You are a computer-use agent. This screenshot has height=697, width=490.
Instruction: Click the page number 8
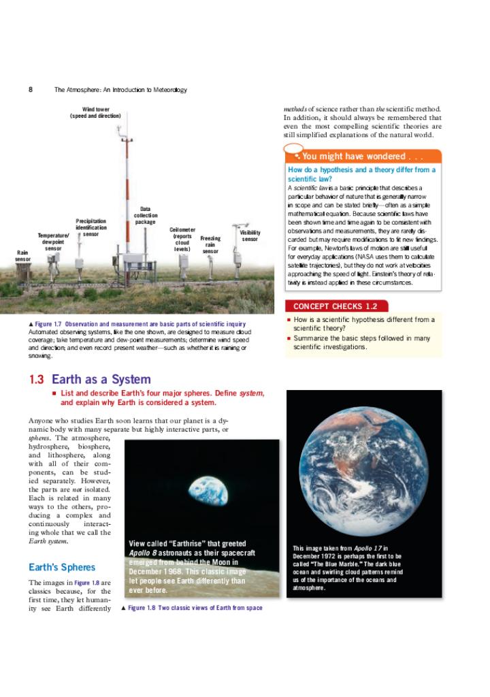(x=31, y=90)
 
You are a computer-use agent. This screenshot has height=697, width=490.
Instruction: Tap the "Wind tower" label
(x=95, y=113)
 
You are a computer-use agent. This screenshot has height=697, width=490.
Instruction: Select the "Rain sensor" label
(x=22, y=256)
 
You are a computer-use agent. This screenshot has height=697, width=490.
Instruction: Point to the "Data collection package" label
(x=145, y=215)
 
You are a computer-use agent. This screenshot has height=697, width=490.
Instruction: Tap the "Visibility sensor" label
(x=250, y=236)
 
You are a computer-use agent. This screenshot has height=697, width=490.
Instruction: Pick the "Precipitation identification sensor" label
(x=91, y=227)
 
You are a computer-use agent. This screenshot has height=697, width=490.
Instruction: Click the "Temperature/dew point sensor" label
(x=53, y=242)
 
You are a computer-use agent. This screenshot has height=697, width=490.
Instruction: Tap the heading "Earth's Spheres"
(x=62, y=567)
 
